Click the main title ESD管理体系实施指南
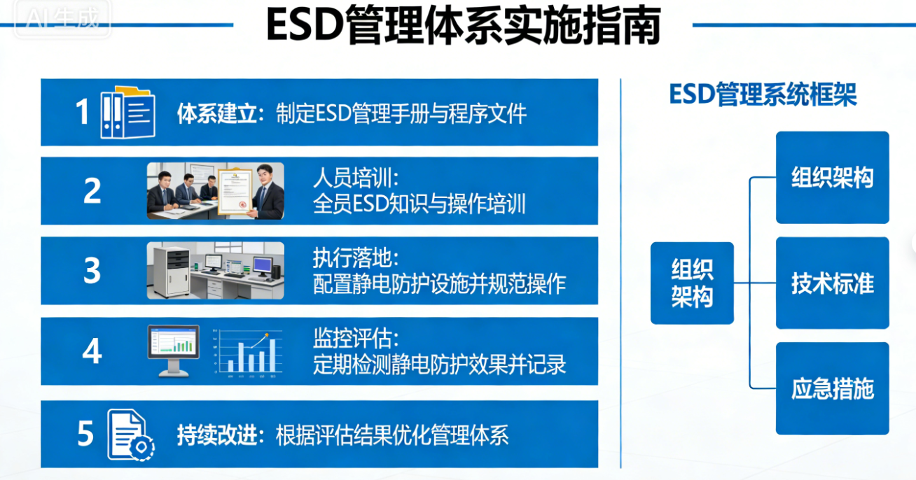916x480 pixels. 464,25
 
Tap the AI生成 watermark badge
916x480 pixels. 62,18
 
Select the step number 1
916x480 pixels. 82,112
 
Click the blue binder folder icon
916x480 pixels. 127,113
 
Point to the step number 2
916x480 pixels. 92,191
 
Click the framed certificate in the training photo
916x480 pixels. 235,191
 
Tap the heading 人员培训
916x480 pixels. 355,178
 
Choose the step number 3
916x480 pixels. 92,270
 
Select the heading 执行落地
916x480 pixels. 355,257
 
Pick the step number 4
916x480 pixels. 92,351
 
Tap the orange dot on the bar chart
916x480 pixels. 267,335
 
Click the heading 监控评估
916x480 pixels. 355,338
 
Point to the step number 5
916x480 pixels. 85,433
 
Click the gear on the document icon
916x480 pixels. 141,447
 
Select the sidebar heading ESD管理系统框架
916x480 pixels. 763,94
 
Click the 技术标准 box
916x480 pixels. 833,283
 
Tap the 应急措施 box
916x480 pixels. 833,388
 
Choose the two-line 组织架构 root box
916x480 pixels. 692,283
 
